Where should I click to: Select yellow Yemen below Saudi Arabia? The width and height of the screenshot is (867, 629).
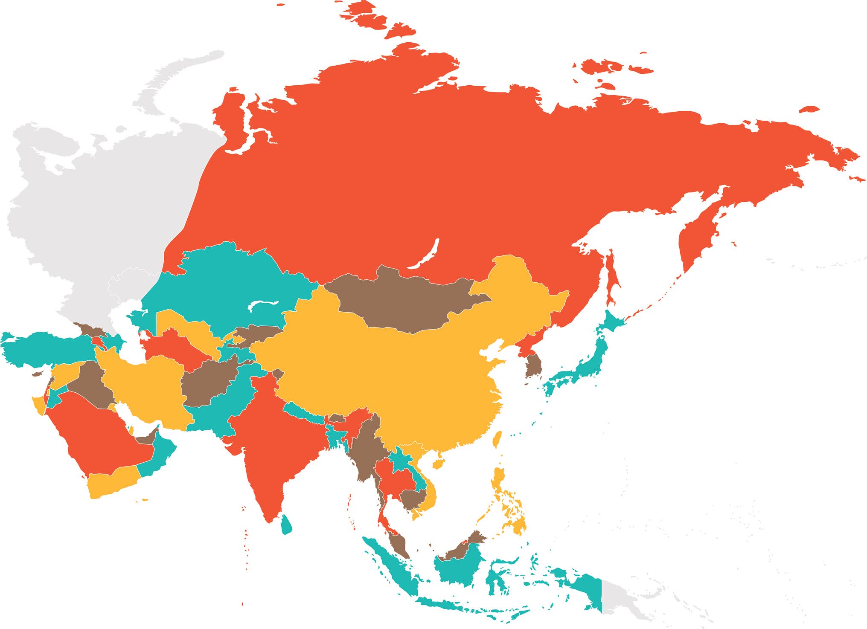tap(111, 482)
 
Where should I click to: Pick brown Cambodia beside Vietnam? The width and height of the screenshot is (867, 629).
tap(412, 497)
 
